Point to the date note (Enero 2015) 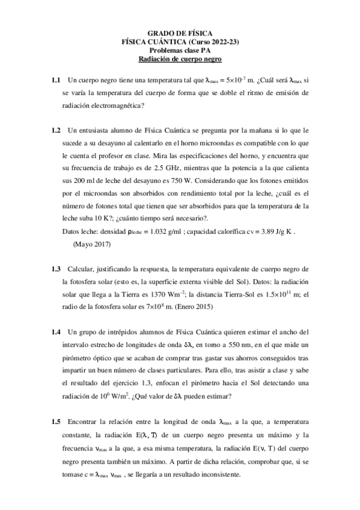coord(194,307)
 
